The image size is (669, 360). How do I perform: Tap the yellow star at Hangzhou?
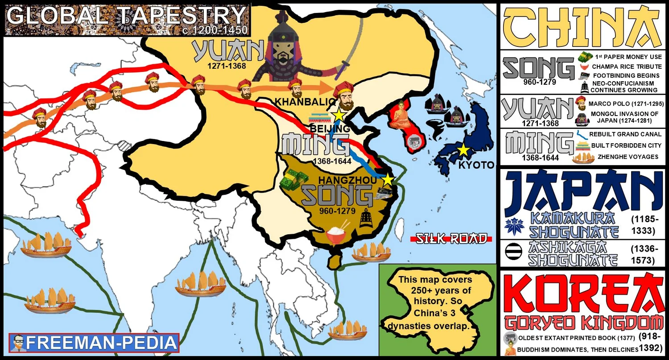tap(388, 180)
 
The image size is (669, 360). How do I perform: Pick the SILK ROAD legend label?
tap(451, 239)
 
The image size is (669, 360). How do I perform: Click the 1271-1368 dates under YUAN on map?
tap(227, 66)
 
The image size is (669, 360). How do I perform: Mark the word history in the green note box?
tap(440, 301)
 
